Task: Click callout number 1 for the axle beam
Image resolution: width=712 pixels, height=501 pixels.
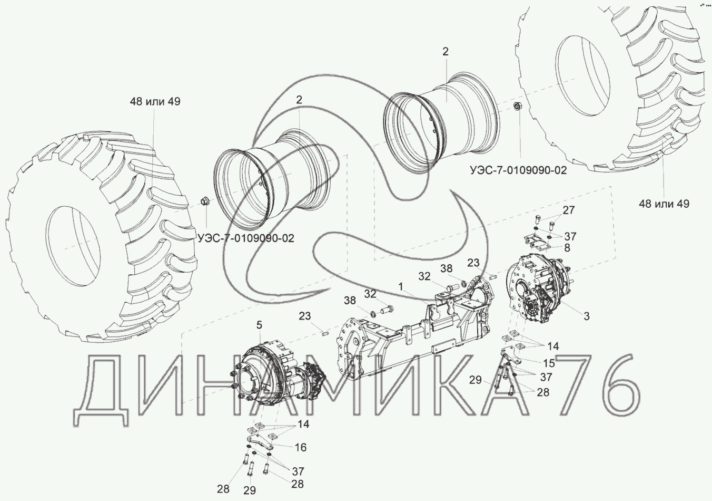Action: coord(401,286)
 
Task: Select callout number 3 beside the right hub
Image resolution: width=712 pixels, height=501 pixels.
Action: coord(587,316)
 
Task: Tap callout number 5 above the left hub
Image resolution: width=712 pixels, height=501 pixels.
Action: coord(260,325)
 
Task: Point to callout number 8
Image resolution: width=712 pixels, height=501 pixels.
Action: coord(567,247)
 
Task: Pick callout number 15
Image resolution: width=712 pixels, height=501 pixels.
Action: coord(549,363)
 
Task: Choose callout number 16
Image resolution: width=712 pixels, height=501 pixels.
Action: coord(300,447)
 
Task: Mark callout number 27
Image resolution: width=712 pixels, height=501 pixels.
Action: coord(569,210)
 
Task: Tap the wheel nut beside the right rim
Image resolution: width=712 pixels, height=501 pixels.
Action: coord(517,107)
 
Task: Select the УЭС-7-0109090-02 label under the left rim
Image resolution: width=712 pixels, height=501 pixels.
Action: coord(246,238)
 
